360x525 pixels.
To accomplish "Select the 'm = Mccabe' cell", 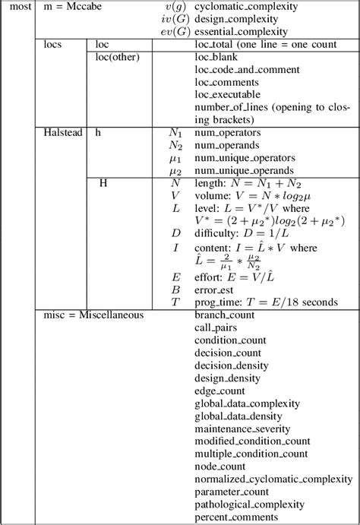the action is click(x=70, y=7).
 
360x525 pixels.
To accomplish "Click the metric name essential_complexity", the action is click(x=241, y=32).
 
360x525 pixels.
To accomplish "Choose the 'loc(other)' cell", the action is click(x=115, y=58).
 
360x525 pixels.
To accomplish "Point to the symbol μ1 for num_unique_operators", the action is click(x=175, y=157).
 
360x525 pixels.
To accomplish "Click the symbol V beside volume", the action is click(x=175, y=195).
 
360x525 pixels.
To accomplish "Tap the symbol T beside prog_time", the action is click(x=175, y=302).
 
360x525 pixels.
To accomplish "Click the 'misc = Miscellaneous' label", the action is click(x=93, y=315).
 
